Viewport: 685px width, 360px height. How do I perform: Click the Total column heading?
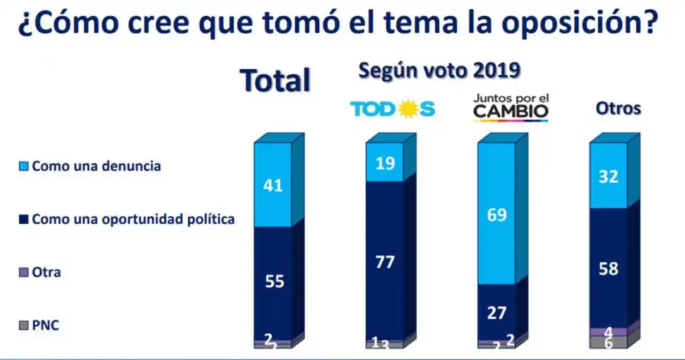pyautogui.click(x=275, y=80)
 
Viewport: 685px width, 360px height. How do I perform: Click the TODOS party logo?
pyautogui.click(x=393, y=109)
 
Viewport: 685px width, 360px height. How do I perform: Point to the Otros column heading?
pyautogui.click(x=618, y=109)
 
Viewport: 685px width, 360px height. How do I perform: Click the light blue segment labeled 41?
pyautogui.click(x=273, y=185)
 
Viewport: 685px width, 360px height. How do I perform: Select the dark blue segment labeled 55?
pyautogui.click(x=273, y=281)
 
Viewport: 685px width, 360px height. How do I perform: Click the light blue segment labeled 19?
pyautogui.click(x=385, y=162)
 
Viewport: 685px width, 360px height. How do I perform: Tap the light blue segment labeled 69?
pyautogui.click(x=496, y=214)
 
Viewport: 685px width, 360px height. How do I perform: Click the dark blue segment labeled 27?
pyautogui.click(x=496, y=312)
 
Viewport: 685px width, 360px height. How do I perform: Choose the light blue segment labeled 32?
pyautogui.click(x=608, y=176)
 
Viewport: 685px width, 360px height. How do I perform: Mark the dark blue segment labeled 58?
pyautogui.click(x=608, y=268)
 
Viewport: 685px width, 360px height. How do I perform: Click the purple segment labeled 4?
pyautogui.click(x=608, y=331)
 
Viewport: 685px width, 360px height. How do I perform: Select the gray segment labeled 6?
pyautogui.click(x=608, y=342)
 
